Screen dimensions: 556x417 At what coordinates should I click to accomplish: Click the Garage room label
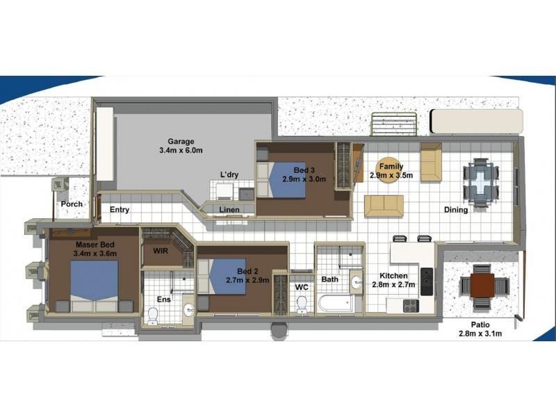[x=181, y=142]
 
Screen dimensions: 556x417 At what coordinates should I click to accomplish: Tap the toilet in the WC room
[x=302, y=304]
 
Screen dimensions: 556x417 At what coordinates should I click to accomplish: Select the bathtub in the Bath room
[x=336, y=304]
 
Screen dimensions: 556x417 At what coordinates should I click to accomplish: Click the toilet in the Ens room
[x=153, y=316]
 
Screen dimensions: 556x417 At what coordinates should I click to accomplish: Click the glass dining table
[x=481, y=183]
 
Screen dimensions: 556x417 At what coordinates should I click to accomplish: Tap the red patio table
[x=482, y=285]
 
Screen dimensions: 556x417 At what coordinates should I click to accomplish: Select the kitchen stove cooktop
[x=411, y=306]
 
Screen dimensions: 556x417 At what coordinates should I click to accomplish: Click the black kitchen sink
[x=427, y=281]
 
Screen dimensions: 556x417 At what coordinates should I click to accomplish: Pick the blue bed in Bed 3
[x=287, y=180]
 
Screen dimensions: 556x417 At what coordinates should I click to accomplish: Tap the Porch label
[x=72, y=204]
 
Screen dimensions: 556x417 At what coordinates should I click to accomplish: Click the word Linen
[x=229, y=210]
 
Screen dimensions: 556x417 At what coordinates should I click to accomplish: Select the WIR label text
[x=161, y=251]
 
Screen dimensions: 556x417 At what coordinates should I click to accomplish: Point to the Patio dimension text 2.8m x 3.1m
[x=480, y=334]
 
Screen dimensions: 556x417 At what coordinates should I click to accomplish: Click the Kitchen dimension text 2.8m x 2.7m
[x=393, y=284]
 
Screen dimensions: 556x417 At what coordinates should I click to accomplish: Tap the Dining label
[x=456, y=210]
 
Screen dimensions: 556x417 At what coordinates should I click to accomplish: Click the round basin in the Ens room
[x=188, y=310]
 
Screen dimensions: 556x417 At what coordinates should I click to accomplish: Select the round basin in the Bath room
[x=356, y=282]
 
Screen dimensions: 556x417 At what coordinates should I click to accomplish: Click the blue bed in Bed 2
[x=228, y=276]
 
